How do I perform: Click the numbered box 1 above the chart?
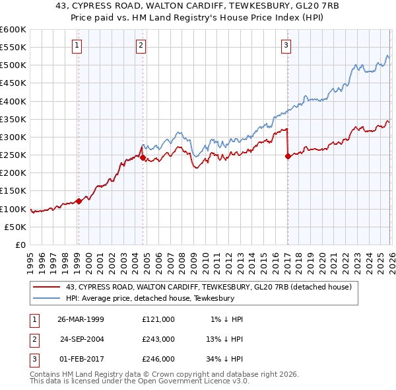[77, 46]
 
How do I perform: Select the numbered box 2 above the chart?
[141, 46]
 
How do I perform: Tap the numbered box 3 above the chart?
[286, 46]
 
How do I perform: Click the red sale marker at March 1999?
[79, 201]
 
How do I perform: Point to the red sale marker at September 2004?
[143, 158]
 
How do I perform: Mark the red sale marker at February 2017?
[287, 157]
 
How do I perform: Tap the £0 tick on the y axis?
[20, 245]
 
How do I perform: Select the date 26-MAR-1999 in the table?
[81, 319]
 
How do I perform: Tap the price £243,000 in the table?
[158, 339]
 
